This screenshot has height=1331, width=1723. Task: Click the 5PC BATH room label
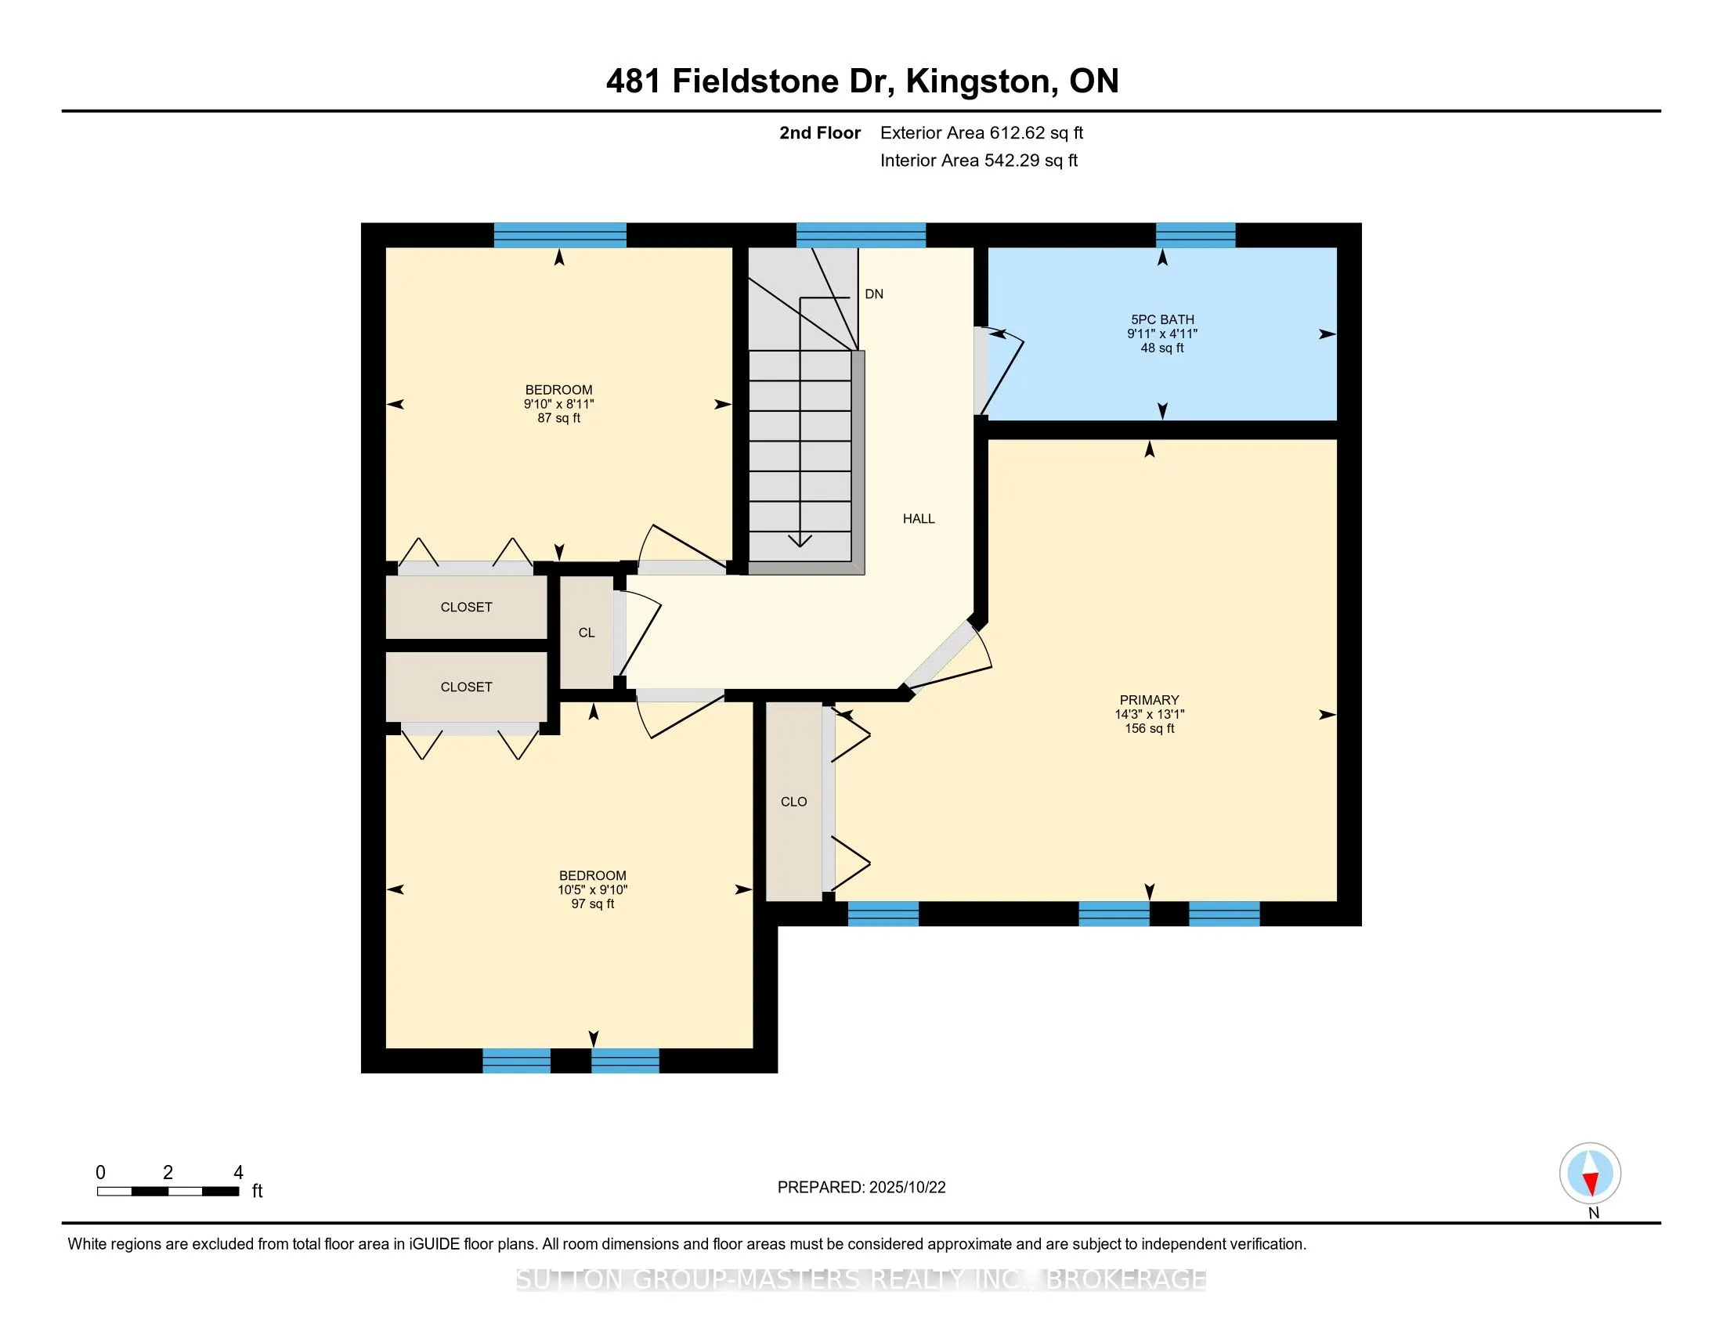tap(1162, 320)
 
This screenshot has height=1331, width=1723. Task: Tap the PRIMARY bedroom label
tap(1149, 700)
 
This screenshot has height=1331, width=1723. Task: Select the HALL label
tap(919, 519)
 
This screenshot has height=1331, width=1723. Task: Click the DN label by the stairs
tap(873, 294)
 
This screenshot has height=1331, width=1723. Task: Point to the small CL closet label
tap(586, 633)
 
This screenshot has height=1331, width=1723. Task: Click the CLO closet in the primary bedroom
tap(793, 802)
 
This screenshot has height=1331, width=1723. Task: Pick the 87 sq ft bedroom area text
tap(558, 419)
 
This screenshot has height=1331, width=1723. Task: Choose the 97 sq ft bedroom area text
tap(593, 904)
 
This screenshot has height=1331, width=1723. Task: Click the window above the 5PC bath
tap(1195, 235)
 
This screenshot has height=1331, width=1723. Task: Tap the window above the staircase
tap(861, 235)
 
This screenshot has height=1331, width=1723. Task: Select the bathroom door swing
tap(1000, 370)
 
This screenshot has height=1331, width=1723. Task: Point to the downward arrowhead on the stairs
tap(800, 540)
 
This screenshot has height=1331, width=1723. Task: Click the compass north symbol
tap(1590, 1174)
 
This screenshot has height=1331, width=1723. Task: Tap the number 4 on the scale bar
tap(238, 1173)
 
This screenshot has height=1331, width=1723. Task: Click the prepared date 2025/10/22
tap(905, 1188)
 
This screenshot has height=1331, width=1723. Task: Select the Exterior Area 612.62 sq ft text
tap(981, 133)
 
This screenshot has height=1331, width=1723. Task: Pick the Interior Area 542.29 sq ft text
tap(978, 161)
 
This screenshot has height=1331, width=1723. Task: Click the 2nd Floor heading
tap(819, 133)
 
